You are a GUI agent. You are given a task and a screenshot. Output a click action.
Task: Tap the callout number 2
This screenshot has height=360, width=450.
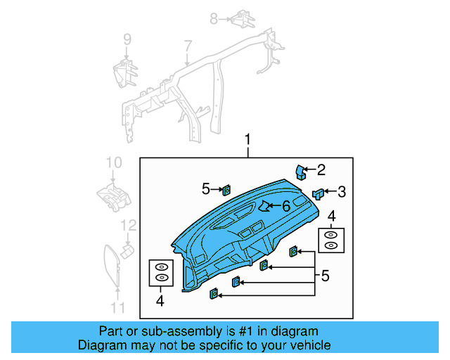[x=321, y=169]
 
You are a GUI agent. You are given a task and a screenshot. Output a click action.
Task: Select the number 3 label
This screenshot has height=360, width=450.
[x=342, y=191]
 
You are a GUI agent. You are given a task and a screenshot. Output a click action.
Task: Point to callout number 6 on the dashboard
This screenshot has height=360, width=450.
[x=285, y=206]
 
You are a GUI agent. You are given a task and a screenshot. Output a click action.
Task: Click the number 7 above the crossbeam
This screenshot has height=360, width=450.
[x=188, y=46]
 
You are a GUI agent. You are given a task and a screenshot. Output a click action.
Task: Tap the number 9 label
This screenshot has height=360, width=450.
[x=127, y=39]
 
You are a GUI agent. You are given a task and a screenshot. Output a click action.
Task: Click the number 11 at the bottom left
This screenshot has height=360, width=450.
[x=117, y=307]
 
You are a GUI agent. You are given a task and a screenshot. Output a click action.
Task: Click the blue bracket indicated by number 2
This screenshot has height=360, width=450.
[x=301, y=172]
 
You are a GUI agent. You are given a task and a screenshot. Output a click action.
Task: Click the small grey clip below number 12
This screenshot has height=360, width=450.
[x=128, y=250]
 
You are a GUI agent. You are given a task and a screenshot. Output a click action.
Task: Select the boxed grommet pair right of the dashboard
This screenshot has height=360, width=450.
[x=330, y=240]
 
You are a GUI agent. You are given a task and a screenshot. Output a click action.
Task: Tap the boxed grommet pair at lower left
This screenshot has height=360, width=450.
[x=161, y=273]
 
